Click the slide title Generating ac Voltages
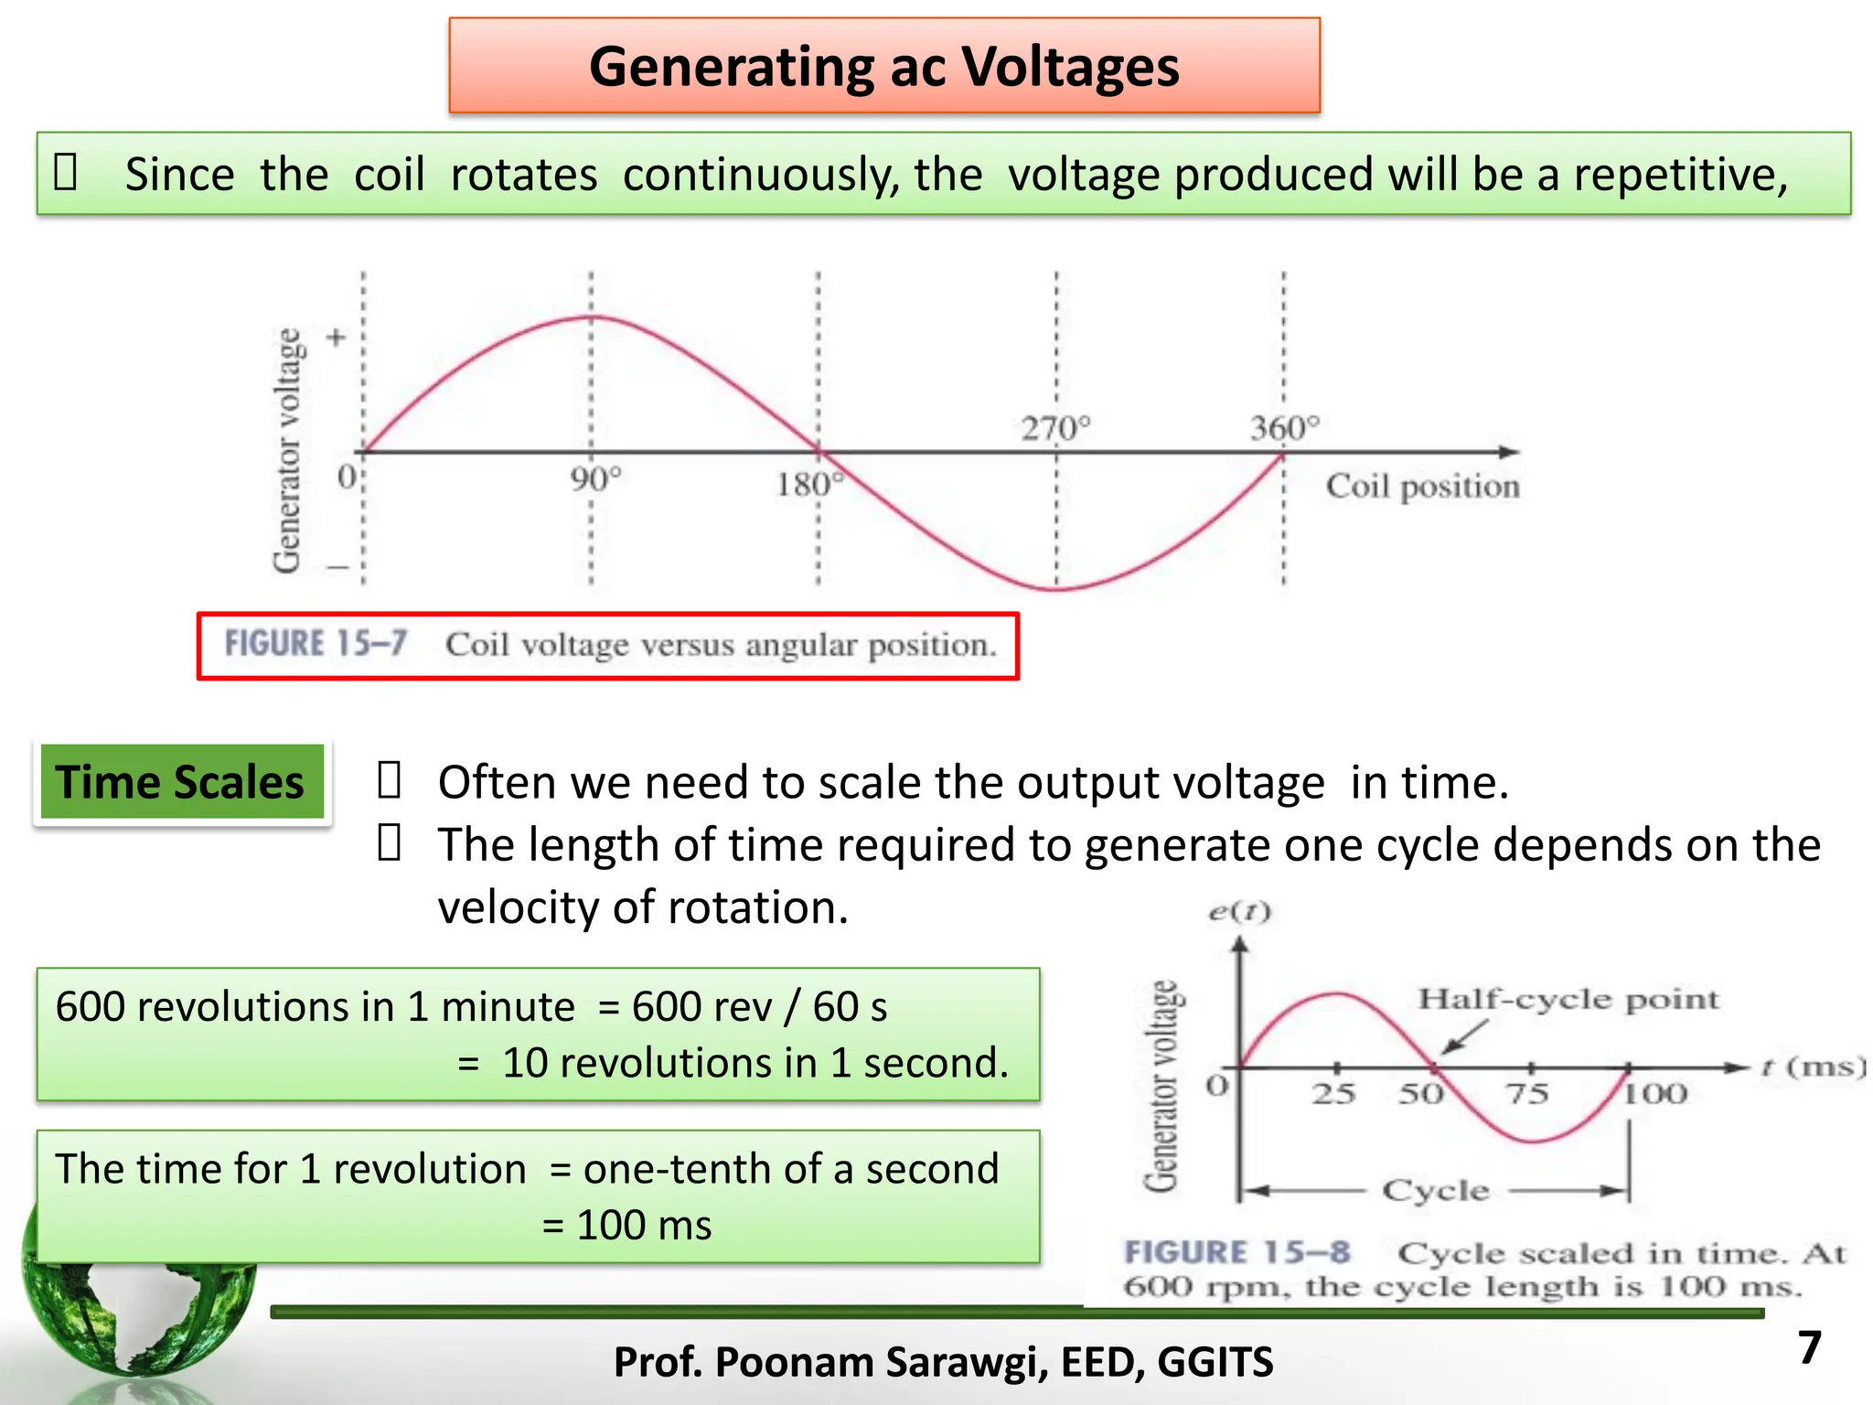[883, 67]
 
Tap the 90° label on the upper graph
[595, 479]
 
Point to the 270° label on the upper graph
[1056, 428]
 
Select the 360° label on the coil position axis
[1285, 428]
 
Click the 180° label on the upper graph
[807, 484]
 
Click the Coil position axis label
[1422, 486]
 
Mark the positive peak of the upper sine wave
[592, 317]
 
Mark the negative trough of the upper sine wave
[1056, 588]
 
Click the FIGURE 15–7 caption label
[316, 644]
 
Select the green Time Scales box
[180, 782]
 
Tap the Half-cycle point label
[1568, 999]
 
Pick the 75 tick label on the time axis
[1527, 1093]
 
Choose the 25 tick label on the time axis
[1333, 1093]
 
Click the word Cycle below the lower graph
[1436, 1190]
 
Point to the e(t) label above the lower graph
[1239, 912]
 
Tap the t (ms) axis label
[1812, 1067]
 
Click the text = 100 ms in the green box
[626, 1226]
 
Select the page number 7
[1809, 1347]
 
